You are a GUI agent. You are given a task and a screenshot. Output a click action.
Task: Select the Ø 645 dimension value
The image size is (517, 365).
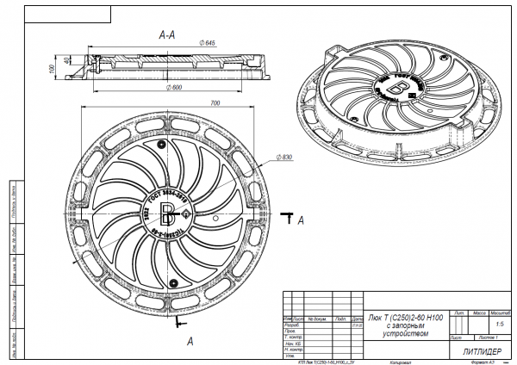coord(207,43)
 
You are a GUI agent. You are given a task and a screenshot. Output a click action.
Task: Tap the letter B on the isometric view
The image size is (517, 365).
coord(397,88)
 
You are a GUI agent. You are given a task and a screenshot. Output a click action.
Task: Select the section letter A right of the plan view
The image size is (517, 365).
coord(301,221)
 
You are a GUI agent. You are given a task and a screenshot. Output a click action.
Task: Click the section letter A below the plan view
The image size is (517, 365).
coord(189,340)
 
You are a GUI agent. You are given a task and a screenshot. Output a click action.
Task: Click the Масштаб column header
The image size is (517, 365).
coord(500,312)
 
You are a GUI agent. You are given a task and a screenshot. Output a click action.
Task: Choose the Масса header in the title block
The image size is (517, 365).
coord(480,312)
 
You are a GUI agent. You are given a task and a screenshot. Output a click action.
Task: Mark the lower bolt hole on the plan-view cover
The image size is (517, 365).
coord(173,284)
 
